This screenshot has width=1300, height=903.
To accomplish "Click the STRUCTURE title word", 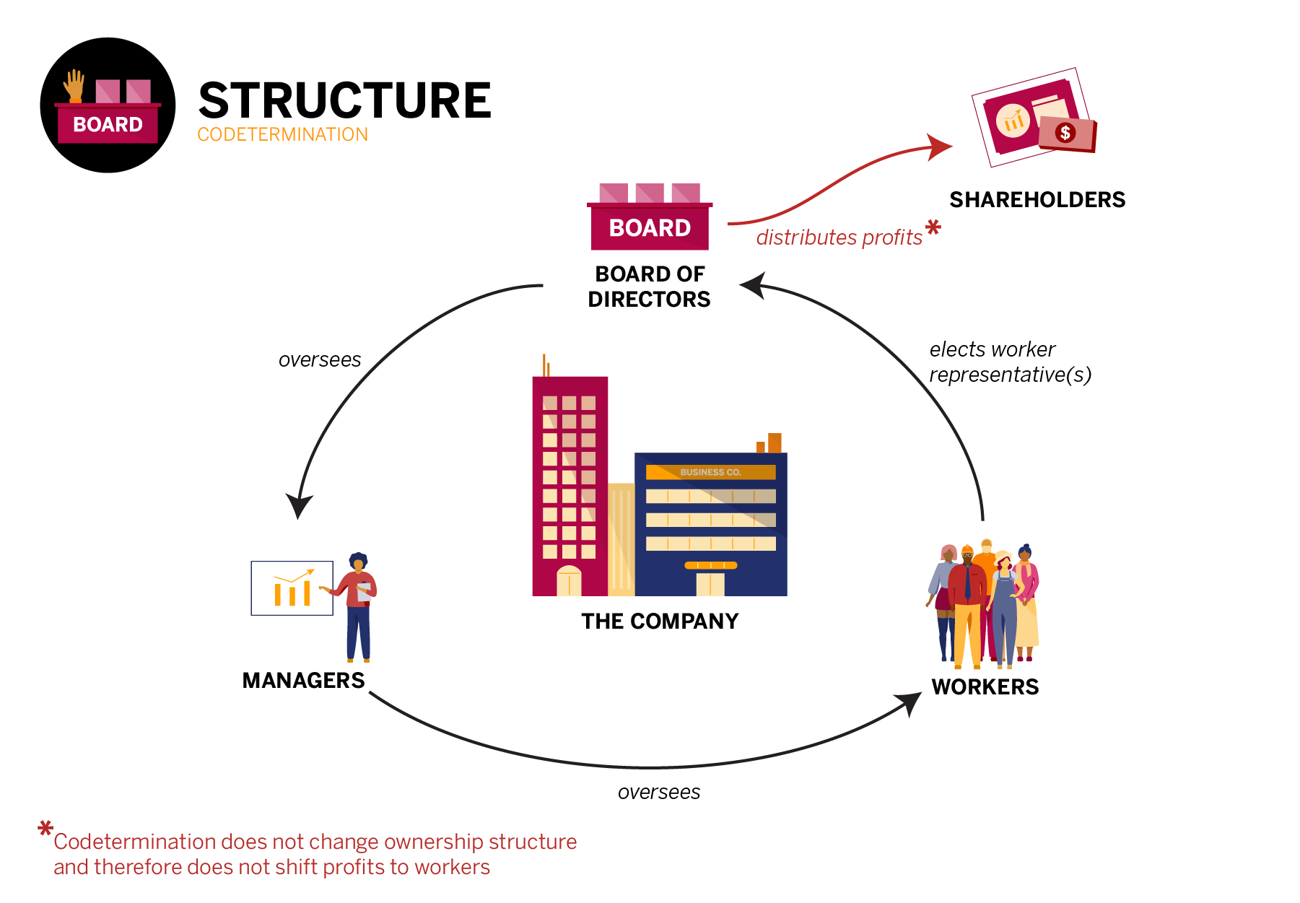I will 344,100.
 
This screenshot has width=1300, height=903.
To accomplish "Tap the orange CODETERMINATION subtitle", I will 282,135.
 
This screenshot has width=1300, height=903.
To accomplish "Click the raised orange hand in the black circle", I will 74,86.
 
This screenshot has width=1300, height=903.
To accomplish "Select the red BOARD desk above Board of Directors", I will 650,226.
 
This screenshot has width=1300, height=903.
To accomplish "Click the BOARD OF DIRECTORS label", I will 649,287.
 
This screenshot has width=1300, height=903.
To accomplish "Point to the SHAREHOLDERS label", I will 1037,200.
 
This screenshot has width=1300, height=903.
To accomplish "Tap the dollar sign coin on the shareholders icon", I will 1065,132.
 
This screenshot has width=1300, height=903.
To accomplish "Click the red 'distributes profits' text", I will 839,237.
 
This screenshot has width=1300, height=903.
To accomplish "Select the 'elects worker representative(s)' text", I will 1009,362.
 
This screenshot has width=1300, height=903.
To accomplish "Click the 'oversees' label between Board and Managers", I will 320,359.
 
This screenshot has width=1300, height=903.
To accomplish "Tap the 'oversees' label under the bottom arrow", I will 658,793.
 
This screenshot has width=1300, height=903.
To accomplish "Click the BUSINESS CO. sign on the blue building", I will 710,472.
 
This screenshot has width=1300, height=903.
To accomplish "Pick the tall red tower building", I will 570,484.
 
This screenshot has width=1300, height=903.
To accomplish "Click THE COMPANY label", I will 660,621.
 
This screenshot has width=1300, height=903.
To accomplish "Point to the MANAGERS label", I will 303,681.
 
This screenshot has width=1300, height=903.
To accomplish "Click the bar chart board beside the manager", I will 292,588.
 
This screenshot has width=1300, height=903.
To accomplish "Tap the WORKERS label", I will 985,687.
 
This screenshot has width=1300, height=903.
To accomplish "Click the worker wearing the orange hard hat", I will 967,599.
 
